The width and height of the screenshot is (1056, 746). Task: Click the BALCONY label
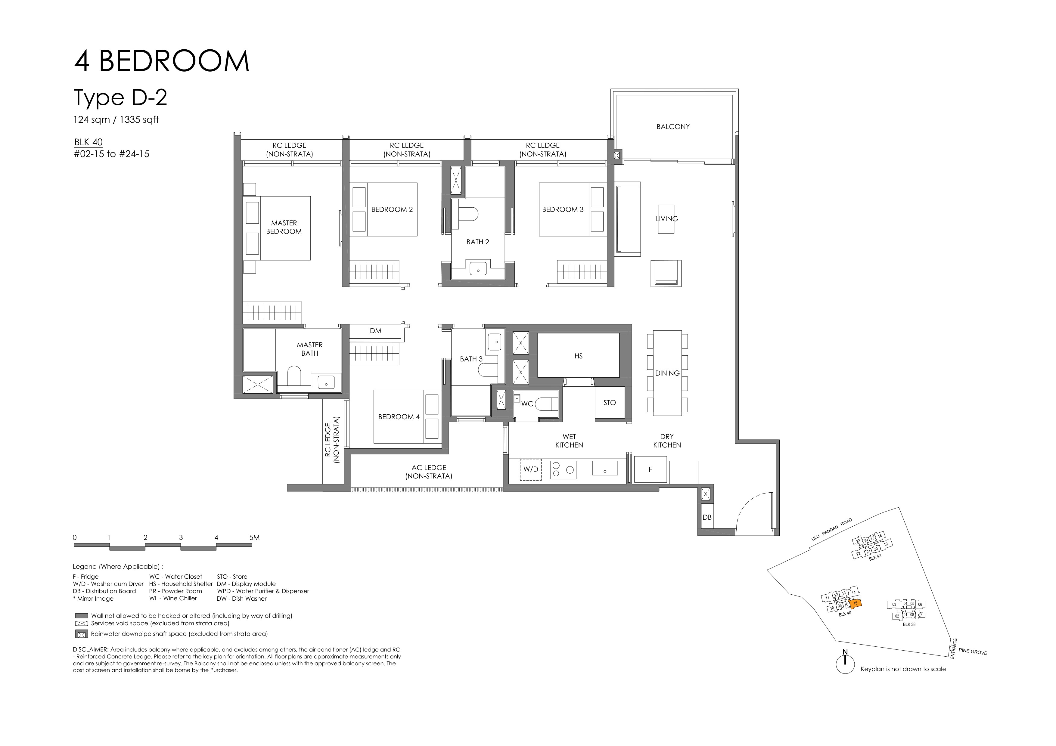tap(673, 126)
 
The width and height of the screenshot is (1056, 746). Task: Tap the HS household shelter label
tap(578, 356)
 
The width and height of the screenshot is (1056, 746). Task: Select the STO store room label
tap(609, 403)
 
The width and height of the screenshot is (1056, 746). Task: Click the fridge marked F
tap(650, 469)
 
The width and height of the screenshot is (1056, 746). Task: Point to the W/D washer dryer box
tap(531, 469)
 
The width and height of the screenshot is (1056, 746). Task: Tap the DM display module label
tap(375, 330)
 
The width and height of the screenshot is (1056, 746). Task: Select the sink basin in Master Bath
tap(326, 382)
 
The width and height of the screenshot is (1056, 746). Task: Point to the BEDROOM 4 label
tap(399, 417)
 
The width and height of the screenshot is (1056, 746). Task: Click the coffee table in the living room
tap(666, 219)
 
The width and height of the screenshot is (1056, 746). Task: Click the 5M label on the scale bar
tap(254, 537)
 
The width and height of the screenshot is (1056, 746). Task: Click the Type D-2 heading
tap(120, 98)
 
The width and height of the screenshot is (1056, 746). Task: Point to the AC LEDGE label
tap(429, 472)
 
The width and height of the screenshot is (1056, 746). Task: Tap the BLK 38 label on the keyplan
tap(909, 624)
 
